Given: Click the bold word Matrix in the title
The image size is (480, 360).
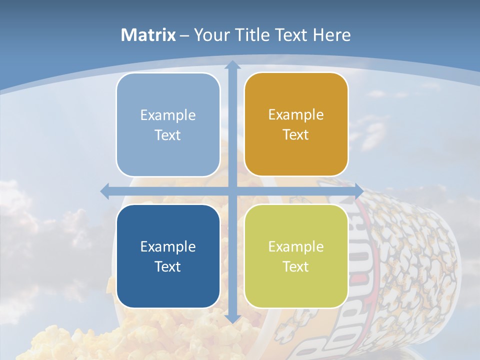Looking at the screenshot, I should pyautogui.click(x=148, y=35).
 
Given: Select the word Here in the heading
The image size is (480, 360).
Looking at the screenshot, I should pyautogui.click(x=332, y=35).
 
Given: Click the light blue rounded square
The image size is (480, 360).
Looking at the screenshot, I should pyautogui.click(x=168, y=124).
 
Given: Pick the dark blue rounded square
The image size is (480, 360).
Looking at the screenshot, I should pyautogui.click(x=168, y=256).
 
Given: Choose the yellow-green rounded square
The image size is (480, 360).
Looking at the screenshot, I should pyautogui.click(x=296, y=256).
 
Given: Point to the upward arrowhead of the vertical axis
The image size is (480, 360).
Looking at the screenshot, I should pyautogui.click(x=232, y=64).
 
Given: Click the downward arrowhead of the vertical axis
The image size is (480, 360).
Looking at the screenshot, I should pyautogui.click(x=232, y=318).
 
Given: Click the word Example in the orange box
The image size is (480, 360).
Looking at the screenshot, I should pyautogui.click(x=296, y=114).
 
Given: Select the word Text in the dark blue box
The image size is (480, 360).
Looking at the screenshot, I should pyautogui.click(x=168, y=266).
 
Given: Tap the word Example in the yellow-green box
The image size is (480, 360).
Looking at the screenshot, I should pyautogui.click(x=296, y=246).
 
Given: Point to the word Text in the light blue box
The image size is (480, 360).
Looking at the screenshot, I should pyautogui.click(x=168, y=135).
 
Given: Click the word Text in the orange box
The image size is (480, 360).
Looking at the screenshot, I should pyautogui.click(x=296, y=134).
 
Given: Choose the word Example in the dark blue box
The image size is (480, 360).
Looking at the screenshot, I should pyautogui.click(x=168, y=246).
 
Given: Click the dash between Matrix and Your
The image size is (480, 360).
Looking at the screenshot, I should pyautogui.click(x=184, y=35).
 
